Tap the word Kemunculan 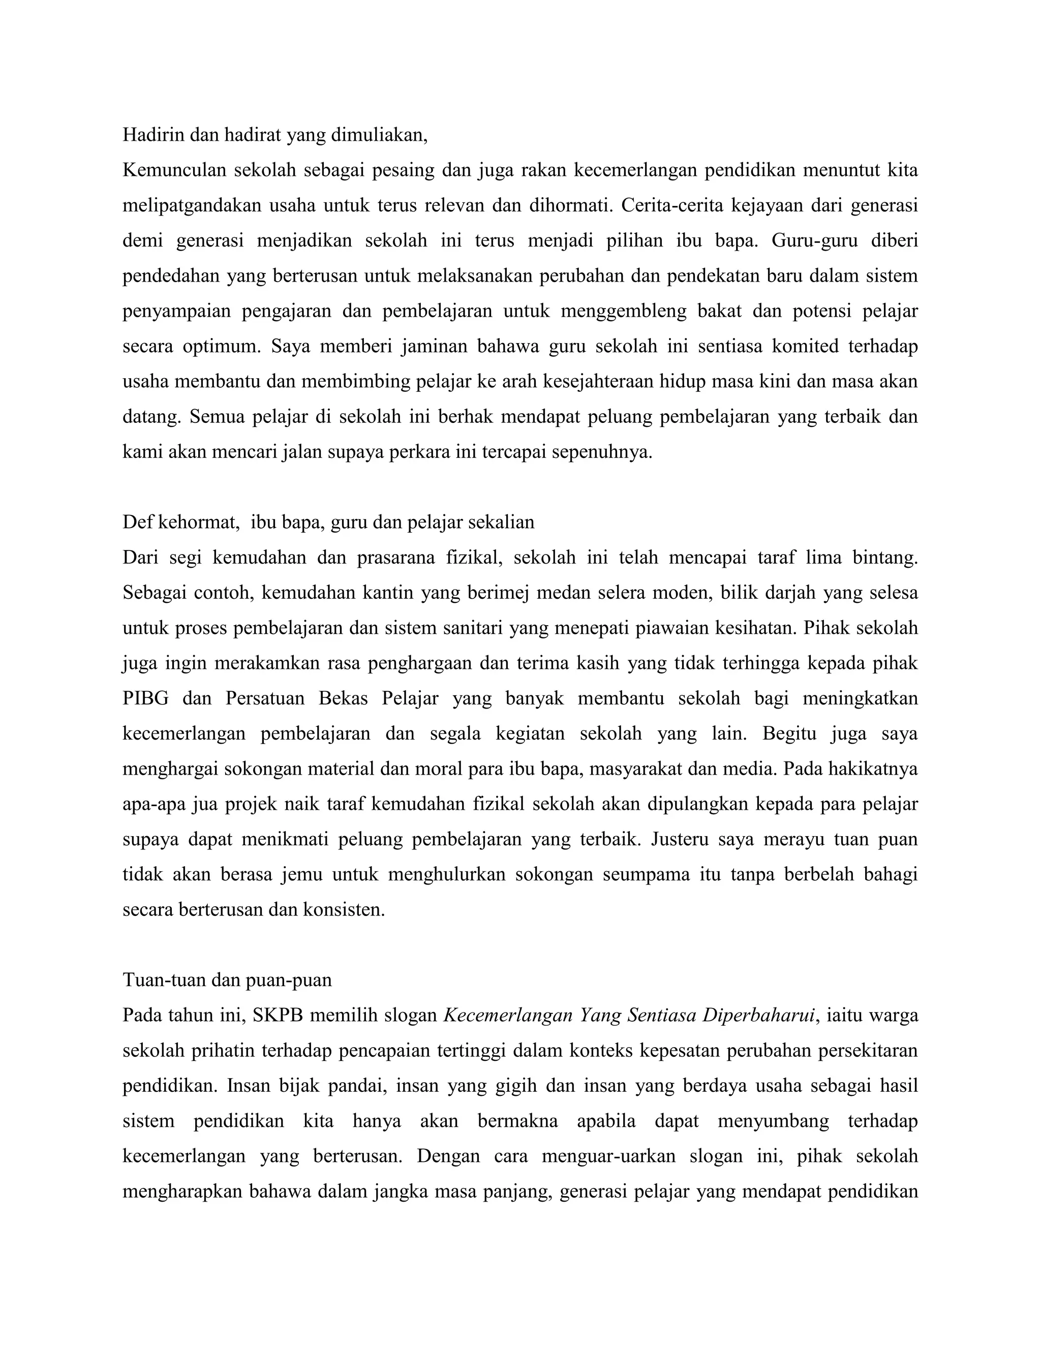pos(174,170)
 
